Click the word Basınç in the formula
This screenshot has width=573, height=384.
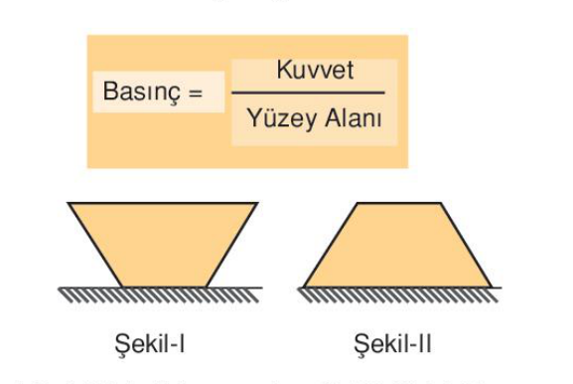click(x=140, y=93)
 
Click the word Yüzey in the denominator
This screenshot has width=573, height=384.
click(x=275, y=119)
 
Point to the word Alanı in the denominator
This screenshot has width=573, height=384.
click(x=349, y=119)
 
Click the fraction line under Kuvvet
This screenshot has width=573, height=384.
click(x=308, y=94)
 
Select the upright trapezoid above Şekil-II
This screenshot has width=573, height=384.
click(x=397, y=249)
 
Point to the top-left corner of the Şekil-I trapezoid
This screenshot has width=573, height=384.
click(x=69, y=204)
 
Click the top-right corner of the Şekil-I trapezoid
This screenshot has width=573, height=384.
click(x=257, y=204)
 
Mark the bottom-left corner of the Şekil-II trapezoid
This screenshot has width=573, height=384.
click(x=304, y=287)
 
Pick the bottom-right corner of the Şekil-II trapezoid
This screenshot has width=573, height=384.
click(x=491, y=287)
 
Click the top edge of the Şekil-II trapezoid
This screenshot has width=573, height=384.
click(x=397, y=204)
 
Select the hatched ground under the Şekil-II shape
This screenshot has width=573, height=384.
click(x=397, y=293)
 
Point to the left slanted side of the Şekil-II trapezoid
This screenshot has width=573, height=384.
click(x=329, y=245)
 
